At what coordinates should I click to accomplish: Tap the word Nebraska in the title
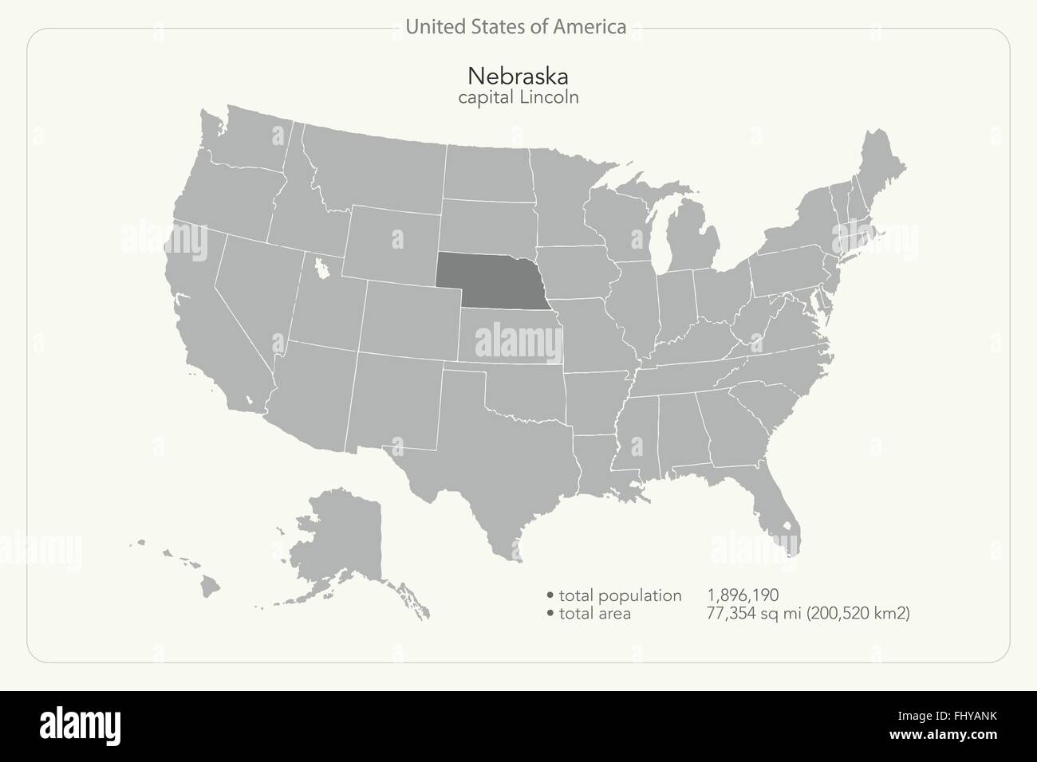coord(518,77)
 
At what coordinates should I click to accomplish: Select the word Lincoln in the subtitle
coord(548,97)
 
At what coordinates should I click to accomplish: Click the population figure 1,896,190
coord(742,595)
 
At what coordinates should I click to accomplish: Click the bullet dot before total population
coord(550,596)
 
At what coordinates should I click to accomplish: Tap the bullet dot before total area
coord(550,615)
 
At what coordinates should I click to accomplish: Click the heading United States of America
coord(515,27)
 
